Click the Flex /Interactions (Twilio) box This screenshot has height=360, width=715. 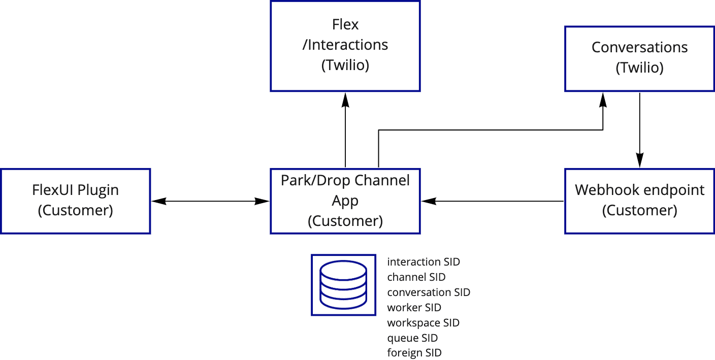[345, 46]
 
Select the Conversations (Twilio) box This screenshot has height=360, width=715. [639, 58]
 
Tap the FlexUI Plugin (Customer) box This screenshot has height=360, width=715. [75, 201]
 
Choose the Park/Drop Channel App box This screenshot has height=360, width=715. [345, 201]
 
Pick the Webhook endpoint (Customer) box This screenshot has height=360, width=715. [639, 201]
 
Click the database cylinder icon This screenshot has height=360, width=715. [343, 285]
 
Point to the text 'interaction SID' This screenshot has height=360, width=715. [423, 262]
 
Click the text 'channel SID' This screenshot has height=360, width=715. [416, 277]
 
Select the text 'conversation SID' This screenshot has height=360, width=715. [428, 292]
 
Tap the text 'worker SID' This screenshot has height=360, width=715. [414, 307]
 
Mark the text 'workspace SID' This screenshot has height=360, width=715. [423, 322]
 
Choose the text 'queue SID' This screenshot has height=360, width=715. [412, 338]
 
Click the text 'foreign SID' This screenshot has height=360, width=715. [414, 352]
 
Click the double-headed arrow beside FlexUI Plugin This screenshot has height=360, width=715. [210, 202]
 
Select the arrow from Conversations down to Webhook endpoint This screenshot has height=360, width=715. [639, 129]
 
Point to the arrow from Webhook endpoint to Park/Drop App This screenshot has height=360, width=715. [493, 202]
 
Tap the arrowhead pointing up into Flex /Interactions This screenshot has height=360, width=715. [345, 99]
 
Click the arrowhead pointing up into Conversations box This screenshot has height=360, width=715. [603, 99]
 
